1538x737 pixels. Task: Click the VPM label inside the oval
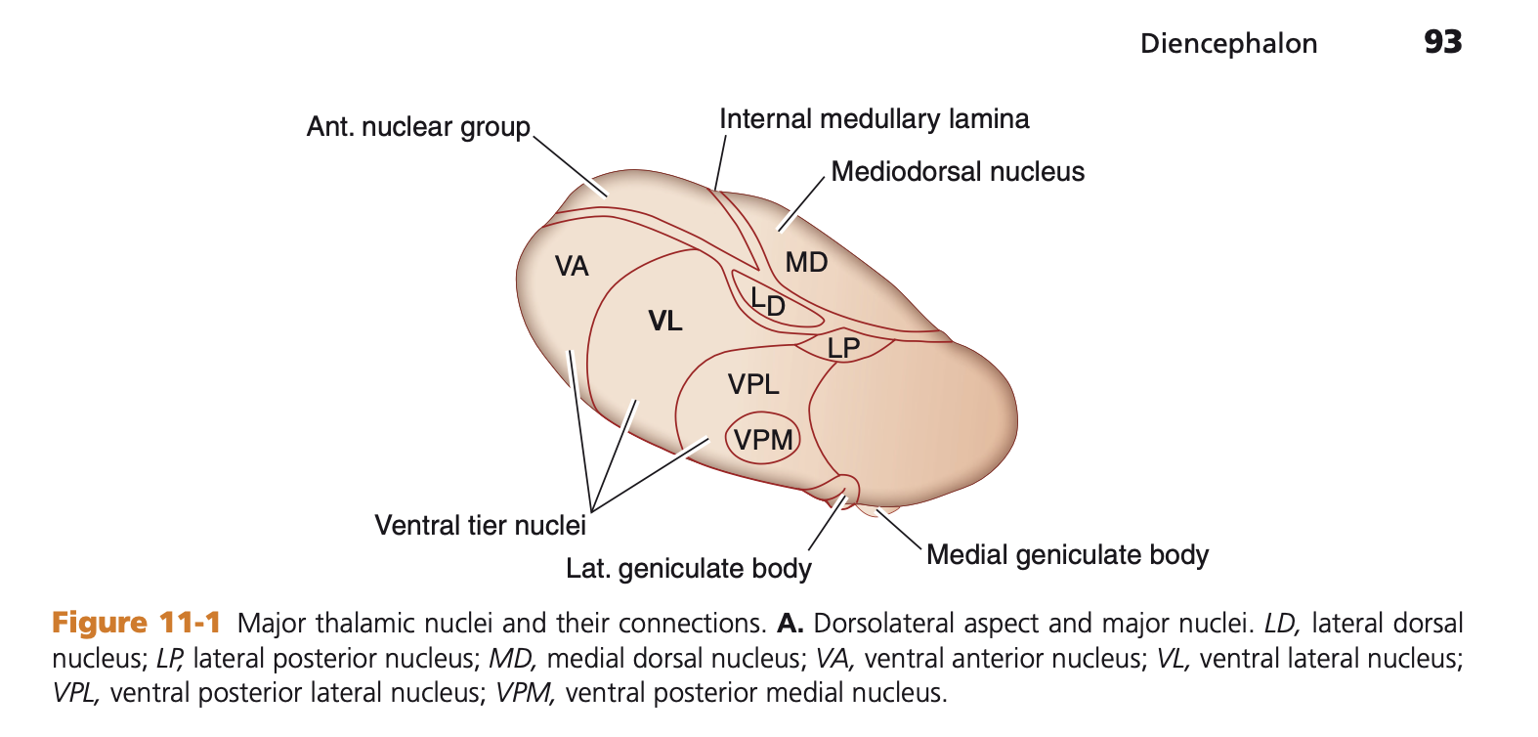pos(763,440)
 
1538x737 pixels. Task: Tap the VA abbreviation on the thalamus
pos(572,266)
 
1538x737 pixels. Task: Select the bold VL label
pos(665,321)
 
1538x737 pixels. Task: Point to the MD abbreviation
pos(806,262)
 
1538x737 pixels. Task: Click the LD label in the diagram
pos(768,301)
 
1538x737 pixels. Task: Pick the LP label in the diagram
pos(843,348)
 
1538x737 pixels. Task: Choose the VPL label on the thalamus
pos(753,384)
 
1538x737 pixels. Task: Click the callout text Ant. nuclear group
pos(418,127)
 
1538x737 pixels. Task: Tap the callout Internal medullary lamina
pos(874,119)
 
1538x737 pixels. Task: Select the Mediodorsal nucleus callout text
pos(958,172)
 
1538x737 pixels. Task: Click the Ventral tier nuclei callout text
pos(480,526)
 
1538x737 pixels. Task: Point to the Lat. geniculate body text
pos(689,569)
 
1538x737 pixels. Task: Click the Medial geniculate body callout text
pos(1067,555)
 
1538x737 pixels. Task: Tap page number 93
pos(1442,42)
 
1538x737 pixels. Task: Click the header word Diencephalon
pos(1228,44)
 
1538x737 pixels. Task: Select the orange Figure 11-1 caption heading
pos(137,623)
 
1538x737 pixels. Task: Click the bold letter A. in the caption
pos(790,624)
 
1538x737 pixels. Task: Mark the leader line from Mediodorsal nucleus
pos(801,204)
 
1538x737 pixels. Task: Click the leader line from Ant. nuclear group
pos(571,165)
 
